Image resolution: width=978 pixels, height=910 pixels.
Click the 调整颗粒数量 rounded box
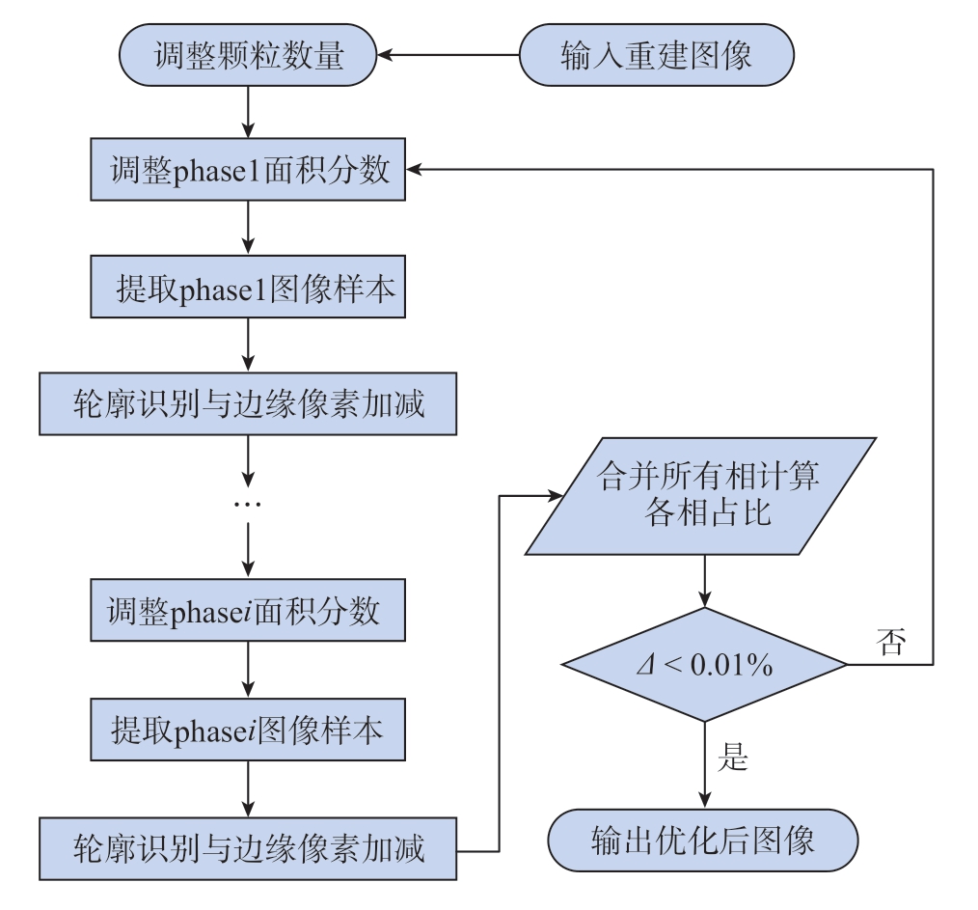[248, 55]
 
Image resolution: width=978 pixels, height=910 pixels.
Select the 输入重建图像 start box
[656, 55]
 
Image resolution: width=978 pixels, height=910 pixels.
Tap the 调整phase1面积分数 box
[248, 169]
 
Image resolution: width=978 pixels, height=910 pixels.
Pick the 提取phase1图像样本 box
[248, 287]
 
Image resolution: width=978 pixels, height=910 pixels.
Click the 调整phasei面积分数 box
[248, 610]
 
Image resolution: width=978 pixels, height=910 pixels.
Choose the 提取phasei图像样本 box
[248, 730]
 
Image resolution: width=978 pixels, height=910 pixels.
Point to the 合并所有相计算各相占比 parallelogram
[700, 496]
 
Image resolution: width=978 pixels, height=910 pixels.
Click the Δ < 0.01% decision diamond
[705, 664]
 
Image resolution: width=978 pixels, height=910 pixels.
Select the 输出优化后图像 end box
[703, 841]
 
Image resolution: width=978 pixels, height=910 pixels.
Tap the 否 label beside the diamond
[890, 642]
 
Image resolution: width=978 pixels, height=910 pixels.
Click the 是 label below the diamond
[733, 757]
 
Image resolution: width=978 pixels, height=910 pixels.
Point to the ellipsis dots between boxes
[248, 504]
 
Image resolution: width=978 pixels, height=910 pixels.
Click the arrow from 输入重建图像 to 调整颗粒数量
[448, 55]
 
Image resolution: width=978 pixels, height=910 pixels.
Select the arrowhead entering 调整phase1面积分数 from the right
[414, 169]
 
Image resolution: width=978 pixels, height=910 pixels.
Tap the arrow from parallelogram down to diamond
[705, 581]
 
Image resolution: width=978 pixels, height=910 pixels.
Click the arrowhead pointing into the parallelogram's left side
[556, 496]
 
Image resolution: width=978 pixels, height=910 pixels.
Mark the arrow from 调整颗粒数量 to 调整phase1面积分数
[248, 112]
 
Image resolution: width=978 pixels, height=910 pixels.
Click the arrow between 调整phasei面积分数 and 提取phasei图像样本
[248, 670]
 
